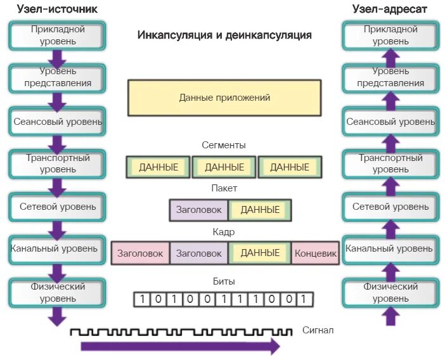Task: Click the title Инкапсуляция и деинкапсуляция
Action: pos(224,35)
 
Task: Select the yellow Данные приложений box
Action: pos(224,98)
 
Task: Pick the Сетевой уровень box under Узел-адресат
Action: pos(390,207)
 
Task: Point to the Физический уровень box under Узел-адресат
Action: pos(390,292)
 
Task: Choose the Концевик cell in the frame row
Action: pos(316,254)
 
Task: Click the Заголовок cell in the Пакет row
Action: pos(198,210)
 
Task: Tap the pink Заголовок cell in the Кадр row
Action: pos(140,254)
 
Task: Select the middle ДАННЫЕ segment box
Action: pos(224,167)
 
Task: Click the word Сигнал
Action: pos(318,330)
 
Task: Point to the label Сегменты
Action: pos(224,145)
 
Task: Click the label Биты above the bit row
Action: pos(224,281)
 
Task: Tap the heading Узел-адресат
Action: pos(390,9)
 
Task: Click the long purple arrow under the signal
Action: pos(181,346)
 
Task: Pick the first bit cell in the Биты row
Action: pos(143,299)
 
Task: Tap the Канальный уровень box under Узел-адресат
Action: pos(390,249)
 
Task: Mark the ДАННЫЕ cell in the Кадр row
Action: pos(260,253)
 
